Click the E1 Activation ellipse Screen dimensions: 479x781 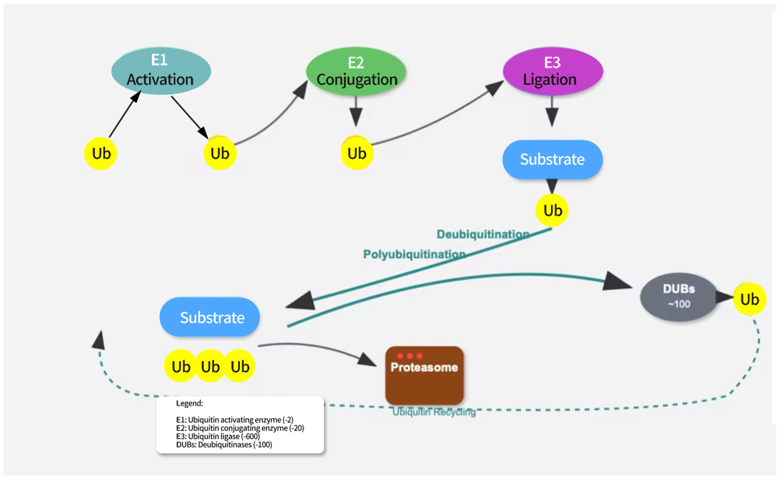coord(161,71)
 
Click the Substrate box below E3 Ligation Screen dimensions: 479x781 coord(552,159)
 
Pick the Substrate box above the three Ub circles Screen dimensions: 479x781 coord(210,317)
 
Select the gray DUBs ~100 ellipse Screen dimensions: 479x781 coord(679,297)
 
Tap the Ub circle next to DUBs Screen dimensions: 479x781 coord(750,299)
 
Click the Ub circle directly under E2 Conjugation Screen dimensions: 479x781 coord(357,153)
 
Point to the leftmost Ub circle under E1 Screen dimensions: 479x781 coord(101,153)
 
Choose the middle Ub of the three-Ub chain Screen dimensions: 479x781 coord(210,366)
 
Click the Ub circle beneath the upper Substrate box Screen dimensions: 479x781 coord(552,210)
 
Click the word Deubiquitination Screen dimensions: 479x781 coord(482,234)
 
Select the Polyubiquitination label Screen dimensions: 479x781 coord(414,254)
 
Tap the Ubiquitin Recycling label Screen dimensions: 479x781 coord(434,412)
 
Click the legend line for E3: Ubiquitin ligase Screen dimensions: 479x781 coord(218,437)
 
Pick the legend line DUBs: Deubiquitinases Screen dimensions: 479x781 coord(224,445)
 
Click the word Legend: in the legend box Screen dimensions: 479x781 coord(189,403)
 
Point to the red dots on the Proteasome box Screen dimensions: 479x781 coord(410,356)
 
